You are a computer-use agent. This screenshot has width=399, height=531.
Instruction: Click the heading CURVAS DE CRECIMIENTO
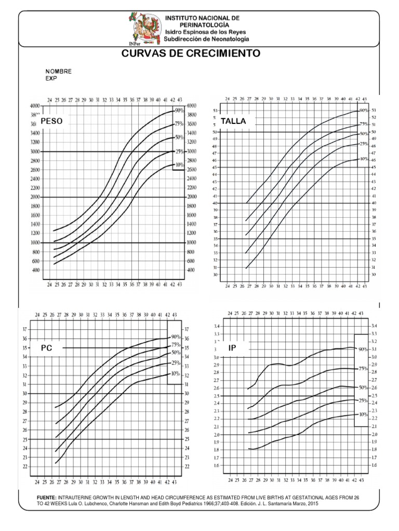[x=191, y=53]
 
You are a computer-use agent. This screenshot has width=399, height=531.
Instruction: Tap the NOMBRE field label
[x=59, y=71]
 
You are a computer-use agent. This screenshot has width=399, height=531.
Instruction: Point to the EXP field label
[x=51, y=78]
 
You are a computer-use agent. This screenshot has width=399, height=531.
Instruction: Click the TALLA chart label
[x=233, y=121]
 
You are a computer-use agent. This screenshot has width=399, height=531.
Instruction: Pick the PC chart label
[x=47, y=348]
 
